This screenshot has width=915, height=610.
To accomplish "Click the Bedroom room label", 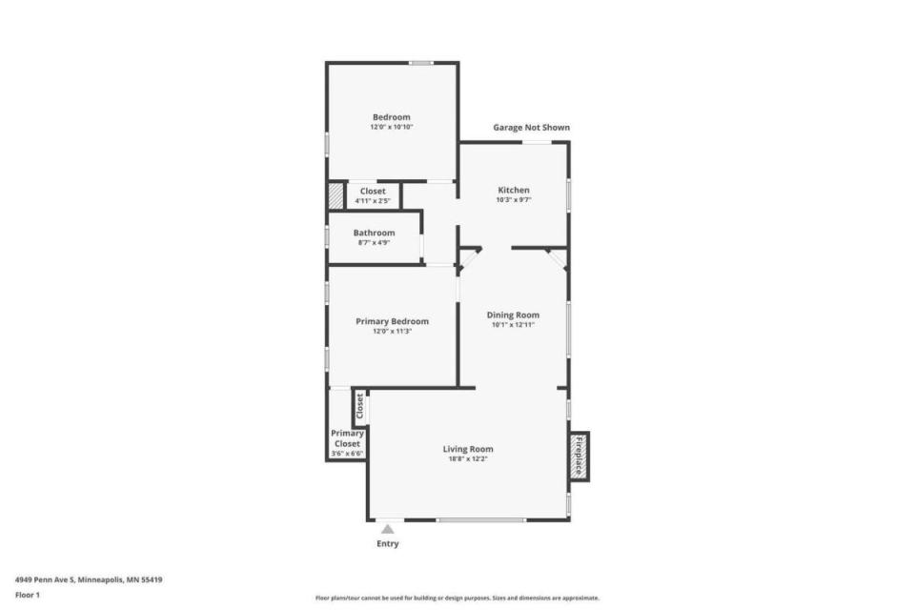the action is [391, 116].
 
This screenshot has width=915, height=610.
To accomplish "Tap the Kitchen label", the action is [514, 190].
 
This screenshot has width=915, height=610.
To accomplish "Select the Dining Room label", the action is [513, 315].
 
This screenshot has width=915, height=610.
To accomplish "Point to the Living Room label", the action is [467, 449].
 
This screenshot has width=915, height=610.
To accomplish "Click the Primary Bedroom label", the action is [392, 321].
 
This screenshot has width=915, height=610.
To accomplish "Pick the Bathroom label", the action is [374, 233].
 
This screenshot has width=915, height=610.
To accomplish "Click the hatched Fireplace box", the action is [579, 457].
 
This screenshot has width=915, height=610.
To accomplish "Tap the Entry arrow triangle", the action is [388, 529].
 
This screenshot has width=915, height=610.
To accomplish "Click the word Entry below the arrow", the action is [388, 543].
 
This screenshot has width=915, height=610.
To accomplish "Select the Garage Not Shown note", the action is [531, 128].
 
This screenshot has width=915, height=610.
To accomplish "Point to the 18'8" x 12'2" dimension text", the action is [467, 458].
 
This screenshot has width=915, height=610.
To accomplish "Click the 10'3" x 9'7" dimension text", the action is [514, 199].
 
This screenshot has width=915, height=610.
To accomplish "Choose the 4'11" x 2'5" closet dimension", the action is [373, 201].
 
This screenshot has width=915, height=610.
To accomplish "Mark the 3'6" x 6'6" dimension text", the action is [347, 453].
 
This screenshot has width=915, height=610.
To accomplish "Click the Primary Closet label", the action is [347, 438].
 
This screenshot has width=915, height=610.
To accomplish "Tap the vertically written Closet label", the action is [360, 406].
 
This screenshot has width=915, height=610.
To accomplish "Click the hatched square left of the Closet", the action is [335, 195].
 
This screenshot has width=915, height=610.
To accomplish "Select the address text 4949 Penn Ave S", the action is [46, 580].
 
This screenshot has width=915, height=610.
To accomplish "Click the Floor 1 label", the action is [28, 596].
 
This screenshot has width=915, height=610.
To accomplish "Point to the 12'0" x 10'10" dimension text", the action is [391, 127].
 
